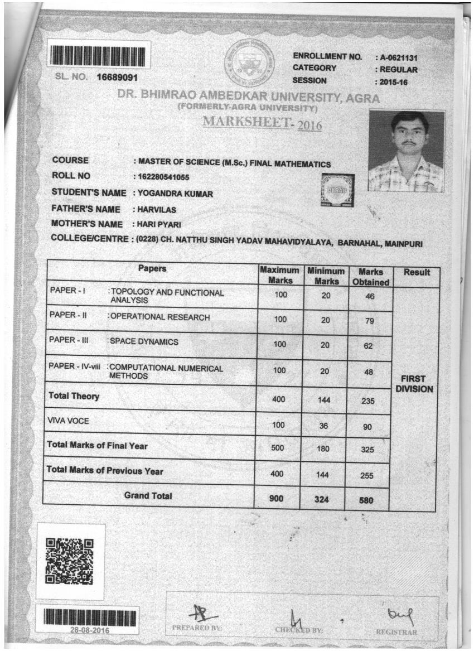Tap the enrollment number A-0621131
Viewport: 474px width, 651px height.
coord(398,57)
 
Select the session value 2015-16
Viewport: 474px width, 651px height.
coord(393,82)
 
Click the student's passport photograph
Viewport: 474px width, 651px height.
coord(406,151)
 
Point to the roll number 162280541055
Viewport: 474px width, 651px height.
coord(165,178)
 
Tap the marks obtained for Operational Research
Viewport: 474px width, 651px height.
coord(367,321)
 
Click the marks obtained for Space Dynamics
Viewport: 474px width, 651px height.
coord(367,346)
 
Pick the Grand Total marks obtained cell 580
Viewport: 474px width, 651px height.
coord(366,501)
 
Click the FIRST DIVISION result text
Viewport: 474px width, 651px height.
coord(414,384)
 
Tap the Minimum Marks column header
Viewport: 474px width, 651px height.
coord(326,276)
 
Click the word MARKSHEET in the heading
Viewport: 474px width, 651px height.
coord(247,122)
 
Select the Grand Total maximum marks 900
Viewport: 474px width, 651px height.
coord(277,499)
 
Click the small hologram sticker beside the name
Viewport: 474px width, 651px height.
coord(338,190)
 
